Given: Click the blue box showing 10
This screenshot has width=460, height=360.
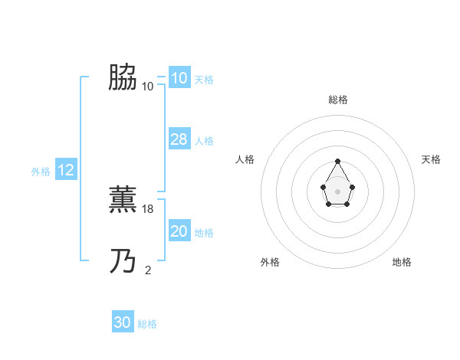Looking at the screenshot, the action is point(179,78).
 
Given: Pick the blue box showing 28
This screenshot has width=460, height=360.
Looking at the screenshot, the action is point(179,139).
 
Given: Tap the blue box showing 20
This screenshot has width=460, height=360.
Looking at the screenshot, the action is point(179,231).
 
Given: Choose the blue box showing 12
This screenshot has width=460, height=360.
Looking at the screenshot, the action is point(66,171).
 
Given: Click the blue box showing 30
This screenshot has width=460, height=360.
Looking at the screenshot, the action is point(123,322).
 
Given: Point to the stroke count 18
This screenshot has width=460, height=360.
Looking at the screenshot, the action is point(149,208).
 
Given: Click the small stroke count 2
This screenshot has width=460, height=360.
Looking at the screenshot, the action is point(148,270).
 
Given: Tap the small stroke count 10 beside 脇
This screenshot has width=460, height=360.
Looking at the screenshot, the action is point(148,86).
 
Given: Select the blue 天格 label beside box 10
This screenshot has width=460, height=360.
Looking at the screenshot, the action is point(204,80).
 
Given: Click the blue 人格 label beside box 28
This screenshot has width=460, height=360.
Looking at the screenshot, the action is point(204,141).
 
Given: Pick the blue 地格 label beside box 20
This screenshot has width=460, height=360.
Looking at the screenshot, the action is point(204,233).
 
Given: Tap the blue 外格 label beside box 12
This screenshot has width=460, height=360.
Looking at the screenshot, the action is point(41,172).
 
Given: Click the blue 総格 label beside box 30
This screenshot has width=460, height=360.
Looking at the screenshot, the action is point(147,324).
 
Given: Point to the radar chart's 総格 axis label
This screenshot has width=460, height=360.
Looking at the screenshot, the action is point(338,100).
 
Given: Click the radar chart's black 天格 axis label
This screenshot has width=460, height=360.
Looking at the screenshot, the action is point(431,159).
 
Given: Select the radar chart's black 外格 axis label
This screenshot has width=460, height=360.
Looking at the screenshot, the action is point(270,262).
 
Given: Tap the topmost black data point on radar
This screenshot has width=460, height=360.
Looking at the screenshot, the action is point(338,162).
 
